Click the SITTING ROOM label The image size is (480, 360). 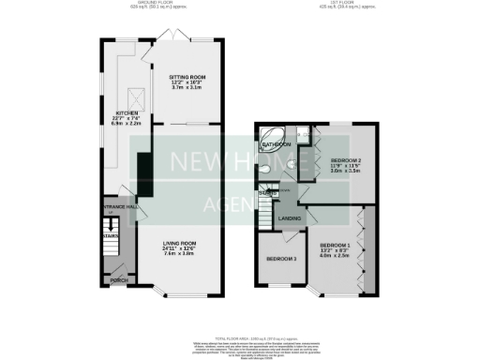click(187, 76)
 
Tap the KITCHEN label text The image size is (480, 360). click(127, 112)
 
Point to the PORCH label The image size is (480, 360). click(119, 280)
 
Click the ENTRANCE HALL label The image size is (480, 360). click(120, 206)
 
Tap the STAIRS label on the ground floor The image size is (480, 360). click(112, 236)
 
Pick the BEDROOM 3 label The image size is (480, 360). click(281, 259)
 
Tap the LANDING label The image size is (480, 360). click(290, 218)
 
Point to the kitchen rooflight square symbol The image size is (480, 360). click(134, 94)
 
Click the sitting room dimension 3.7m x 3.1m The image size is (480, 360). click(187, 87)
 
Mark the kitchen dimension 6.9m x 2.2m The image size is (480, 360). click(127, 124)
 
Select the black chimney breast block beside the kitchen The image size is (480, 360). click(143, 170)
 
